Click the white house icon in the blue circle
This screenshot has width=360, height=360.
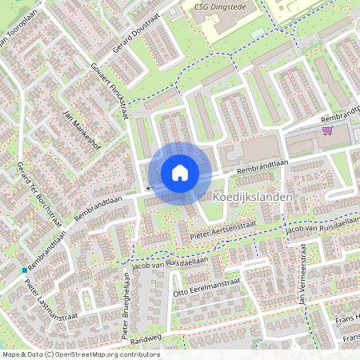point(180,172)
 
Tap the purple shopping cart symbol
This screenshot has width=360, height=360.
point(327,130)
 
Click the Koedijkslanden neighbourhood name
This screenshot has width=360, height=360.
point(253,197)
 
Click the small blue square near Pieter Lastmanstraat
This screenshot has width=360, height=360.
point(25,270)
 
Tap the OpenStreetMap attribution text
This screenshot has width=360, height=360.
point(80,354)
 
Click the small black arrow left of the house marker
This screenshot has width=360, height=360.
point(148,189)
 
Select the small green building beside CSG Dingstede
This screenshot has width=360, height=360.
point(257,33)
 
